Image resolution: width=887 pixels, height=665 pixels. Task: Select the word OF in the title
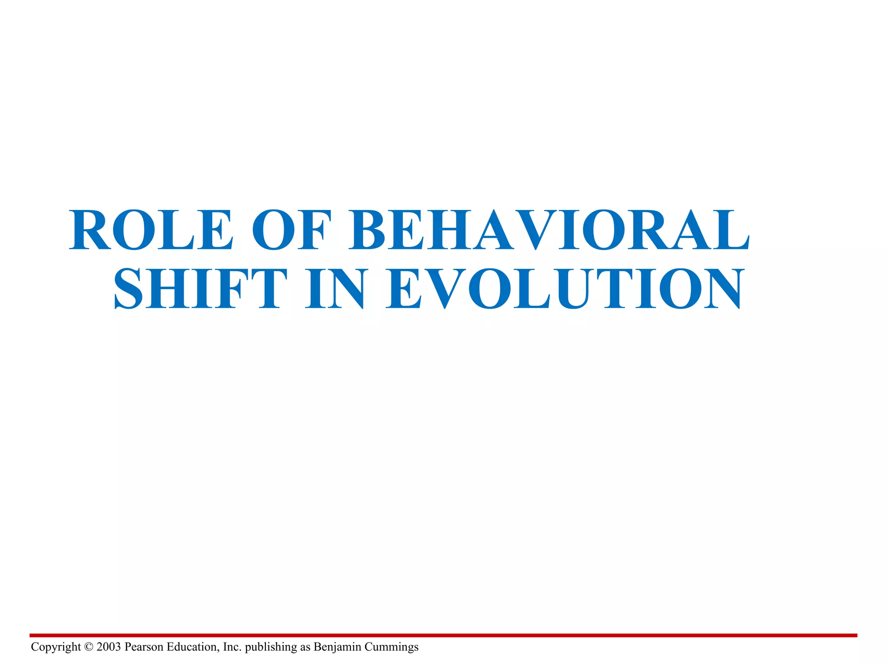point(291,230)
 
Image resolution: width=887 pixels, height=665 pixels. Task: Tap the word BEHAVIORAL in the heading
point(549,230)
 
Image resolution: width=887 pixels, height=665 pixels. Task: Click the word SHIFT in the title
point(200,289)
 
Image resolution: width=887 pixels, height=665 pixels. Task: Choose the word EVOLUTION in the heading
point(565,289)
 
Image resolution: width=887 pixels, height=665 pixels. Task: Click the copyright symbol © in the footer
point(89,647)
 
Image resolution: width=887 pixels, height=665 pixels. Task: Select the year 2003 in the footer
point(109,647)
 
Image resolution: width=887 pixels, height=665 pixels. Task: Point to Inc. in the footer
point(232,647)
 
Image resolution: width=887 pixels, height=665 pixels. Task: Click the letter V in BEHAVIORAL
point(536,230)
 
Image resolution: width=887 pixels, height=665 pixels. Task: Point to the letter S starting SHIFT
point(129,289)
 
